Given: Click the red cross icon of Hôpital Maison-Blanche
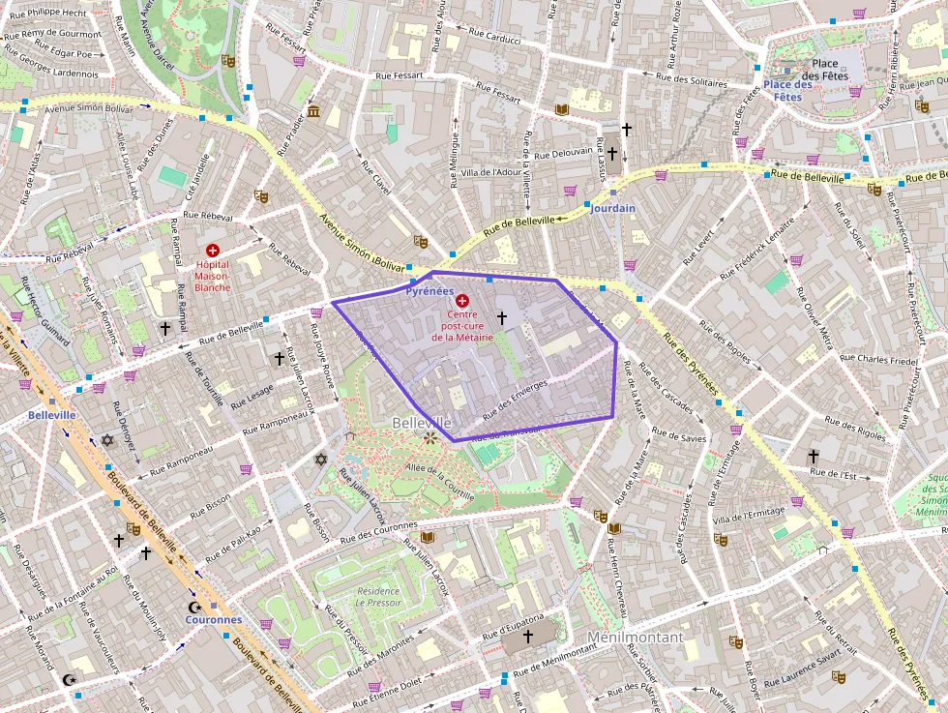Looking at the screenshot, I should (x=212, y=251).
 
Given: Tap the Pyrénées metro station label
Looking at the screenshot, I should (x=430, y=290).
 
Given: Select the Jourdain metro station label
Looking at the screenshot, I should (x=612, y=208).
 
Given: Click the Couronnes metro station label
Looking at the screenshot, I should (x=213, y=619).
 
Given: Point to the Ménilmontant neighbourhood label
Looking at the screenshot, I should (x=635, y=637).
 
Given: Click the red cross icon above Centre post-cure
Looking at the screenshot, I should (x=462, y=301).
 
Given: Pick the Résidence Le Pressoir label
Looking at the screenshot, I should (x=378, y=596).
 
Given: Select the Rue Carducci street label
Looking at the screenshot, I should (x=495, y=38).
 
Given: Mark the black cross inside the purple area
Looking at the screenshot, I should (x=501, y=316).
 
